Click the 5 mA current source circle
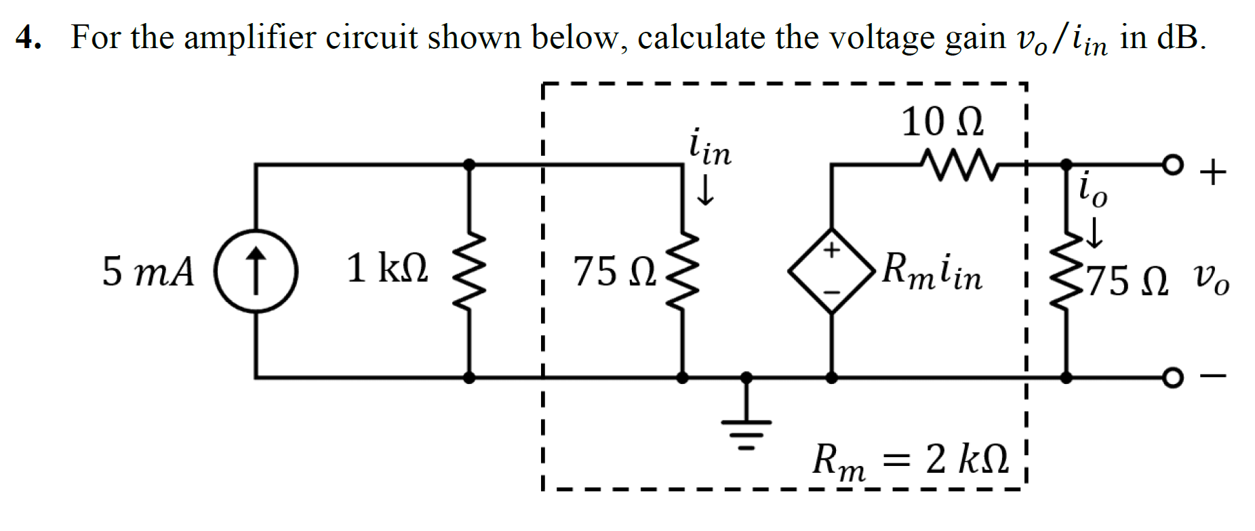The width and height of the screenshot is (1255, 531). [x=256, y=270]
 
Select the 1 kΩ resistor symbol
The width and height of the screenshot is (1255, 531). [x=469, y=270]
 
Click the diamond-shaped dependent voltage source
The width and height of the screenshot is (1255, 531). [x=832, y=271]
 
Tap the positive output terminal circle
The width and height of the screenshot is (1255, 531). [x=1172, y=165]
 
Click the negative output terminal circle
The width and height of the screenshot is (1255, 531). [x=1172, y=377]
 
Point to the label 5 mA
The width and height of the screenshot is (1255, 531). [x=148, y=272]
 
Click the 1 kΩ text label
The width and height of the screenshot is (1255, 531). [x=387, y=268]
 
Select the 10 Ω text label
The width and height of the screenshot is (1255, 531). [x=942, y=123]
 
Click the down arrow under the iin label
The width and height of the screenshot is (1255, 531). [x=706, y=190]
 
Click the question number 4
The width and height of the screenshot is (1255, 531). [x=28, y=37]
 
